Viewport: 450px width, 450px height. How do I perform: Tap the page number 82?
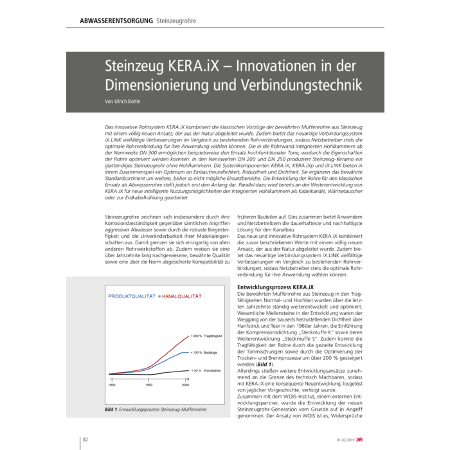coord(85,439)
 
